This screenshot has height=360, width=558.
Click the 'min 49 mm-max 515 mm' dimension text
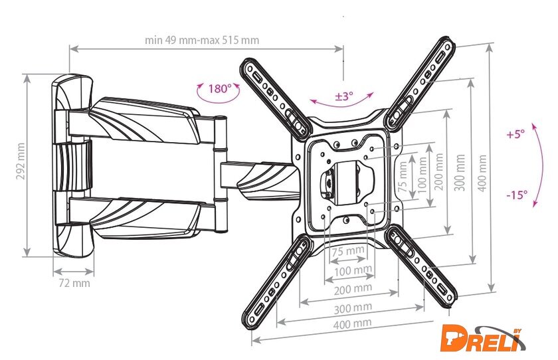coord(202,40)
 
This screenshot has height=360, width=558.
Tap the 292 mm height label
coord(21,161)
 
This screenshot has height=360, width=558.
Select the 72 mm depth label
coord(74,283)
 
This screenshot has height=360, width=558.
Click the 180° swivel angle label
coord(220,88)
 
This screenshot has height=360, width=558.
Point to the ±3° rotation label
coord(344,96)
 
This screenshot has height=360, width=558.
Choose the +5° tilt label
coord(515,134)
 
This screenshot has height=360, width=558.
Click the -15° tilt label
coord(517,195)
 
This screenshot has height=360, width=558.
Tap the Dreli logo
coord(482,338)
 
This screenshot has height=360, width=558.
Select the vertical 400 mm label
coord(482,173)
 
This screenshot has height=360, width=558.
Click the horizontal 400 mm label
coord(352,323)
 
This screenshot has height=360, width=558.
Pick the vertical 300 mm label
coord(460,173)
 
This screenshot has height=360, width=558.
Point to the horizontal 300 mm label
coord(353,308)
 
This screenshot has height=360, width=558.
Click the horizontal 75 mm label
coord(348,251)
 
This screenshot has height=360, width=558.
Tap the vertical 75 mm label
coord(403,177)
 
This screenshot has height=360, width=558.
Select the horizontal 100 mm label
coord(353,271)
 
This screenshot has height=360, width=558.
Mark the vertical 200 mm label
coord(439,171)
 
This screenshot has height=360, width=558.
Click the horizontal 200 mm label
coord(353,289)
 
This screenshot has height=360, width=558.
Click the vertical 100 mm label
coord(422,175)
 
